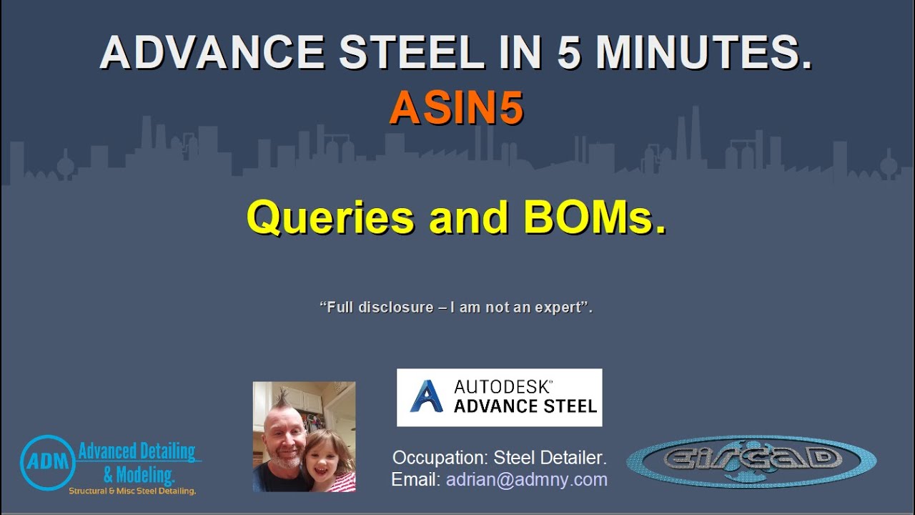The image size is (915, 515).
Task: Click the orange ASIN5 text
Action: point(456,109)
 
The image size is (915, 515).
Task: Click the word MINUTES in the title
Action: point(703,52)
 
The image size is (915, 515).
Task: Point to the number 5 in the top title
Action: point(569,52)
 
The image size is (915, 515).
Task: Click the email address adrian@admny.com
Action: point(527,479)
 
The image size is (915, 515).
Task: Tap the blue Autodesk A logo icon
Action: point(427,397)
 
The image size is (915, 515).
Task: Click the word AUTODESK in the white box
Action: point(503,387)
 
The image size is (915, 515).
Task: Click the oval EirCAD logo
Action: point(751,461)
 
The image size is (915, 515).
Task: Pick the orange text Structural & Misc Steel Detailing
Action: point(132,491)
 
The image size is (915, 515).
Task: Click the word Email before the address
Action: point(415,479)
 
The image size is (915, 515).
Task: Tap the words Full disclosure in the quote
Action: point(376,308)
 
